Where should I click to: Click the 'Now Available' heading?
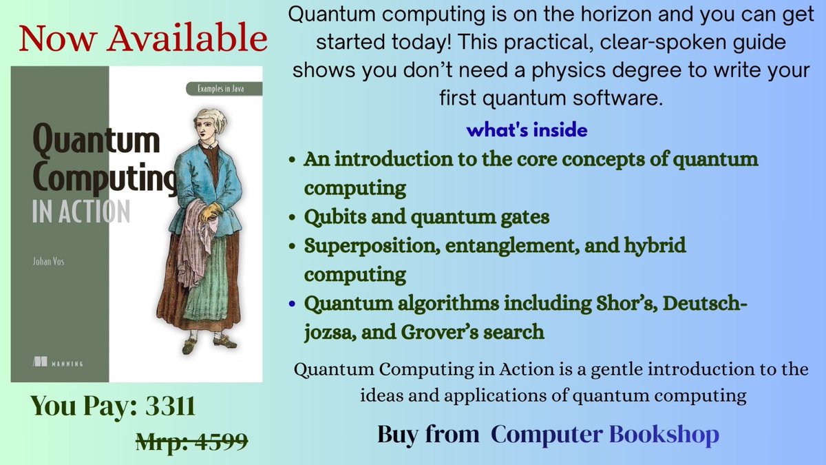[x=142, y=39]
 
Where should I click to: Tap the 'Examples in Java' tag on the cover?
[x=223, y=89]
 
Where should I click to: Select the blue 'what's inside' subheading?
[x=527, y=130]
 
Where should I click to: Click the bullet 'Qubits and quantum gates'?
[x=427, y=217]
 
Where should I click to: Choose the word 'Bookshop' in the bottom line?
[x=664, y=434]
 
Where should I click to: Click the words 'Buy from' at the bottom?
[x=428, y=434]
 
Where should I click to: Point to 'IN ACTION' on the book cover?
[x=81, y=211]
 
